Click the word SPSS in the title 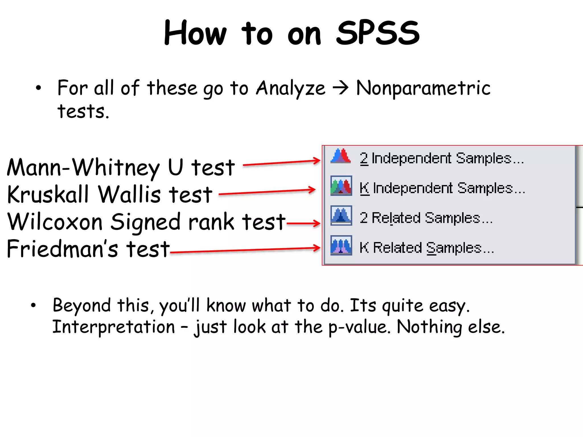point(377,33)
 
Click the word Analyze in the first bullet point(290,88)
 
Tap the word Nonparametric point(423,88)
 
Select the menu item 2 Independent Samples point(442,158)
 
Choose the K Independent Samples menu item point(442,188)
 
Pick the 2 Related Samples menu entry point(426,218)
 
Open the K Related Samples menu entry point(426,248)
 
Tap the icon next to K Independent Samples point(341,186)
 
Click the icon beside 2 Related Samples point(341,215)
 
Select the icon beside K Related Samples point(341,245)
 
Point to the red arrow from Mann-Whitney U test point(282,163)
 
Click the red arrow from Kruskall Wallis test point(267,192)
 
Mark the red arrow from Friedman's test point(245,250)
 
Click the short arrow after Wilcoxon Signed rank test point(303,223)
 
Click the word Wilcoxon point(55,222)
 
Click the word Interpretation point(114,327)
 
